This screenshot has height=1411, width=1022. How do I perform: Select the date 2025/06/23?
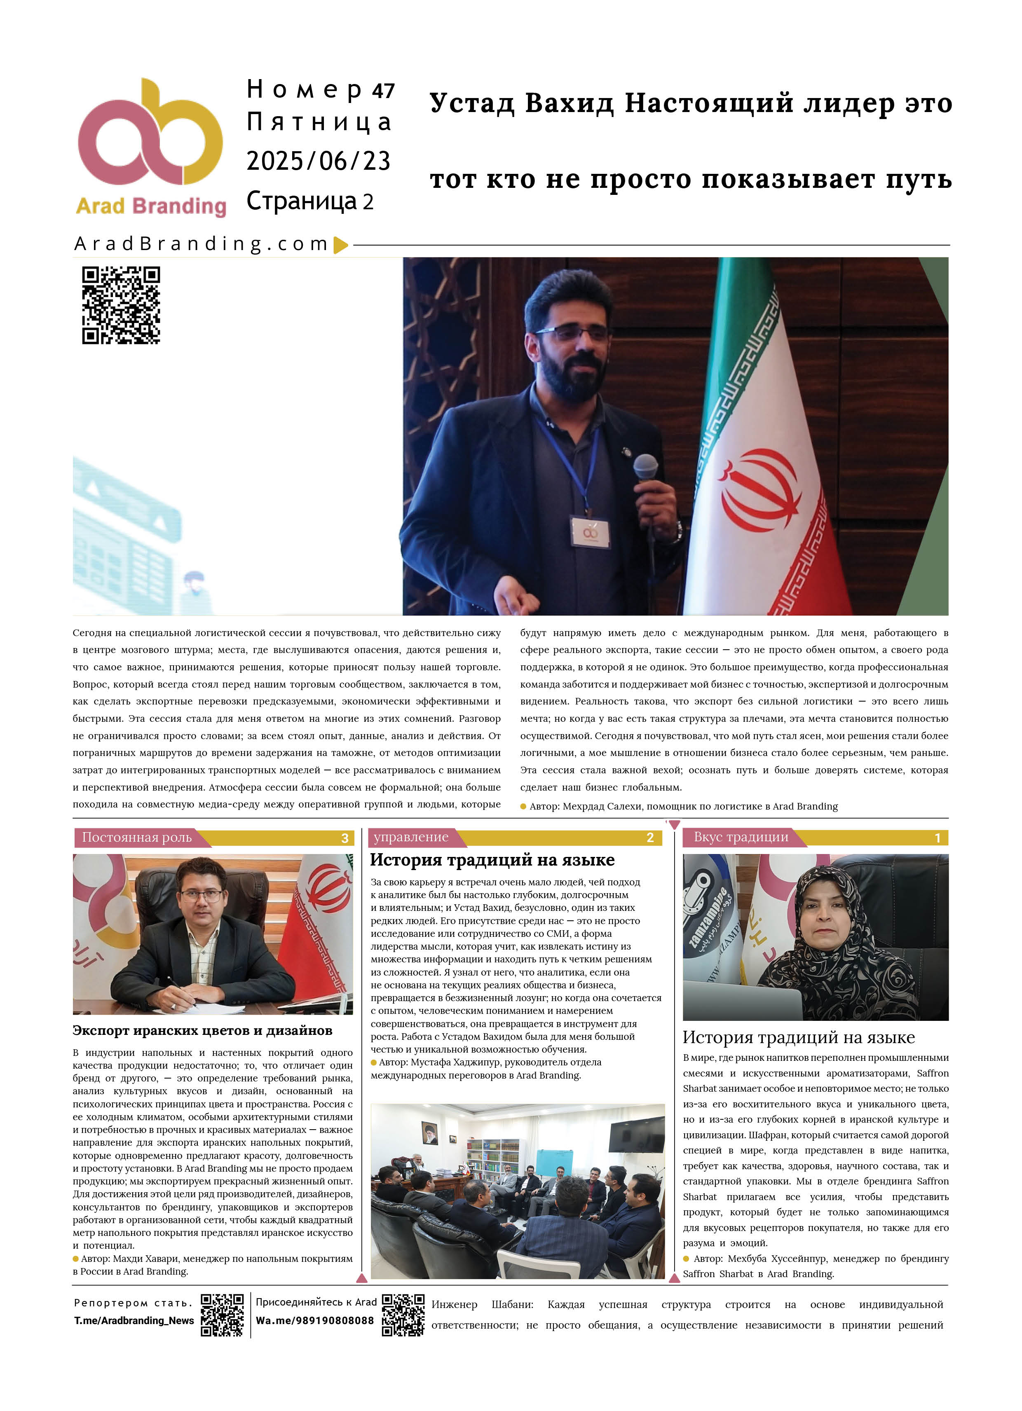point(318,161)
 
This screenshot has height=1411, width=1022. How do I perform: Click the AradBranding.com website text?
point(201,244)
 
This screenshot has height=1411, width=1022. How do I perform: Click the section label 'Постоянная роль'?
point(137,838)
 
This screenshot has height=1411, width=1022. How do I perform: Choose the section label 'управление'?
point(411,838)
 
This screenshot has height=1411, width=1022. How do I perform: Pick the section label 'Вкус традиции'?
point(741,838)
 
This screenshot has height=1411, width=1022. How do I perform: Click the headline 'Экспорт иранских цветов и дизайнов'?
point(202,1031)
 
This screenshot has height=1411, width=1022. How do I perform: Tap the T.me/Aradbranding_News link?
point(134,1321)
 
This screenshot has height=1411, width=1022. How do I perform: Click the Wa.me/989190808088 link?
point(314,1321)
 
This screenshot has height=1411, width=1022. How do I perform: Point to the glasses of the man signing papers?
point(201,896)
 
